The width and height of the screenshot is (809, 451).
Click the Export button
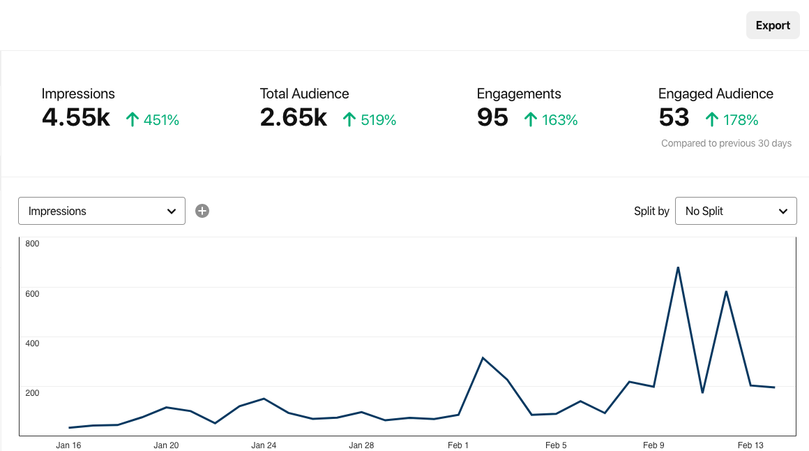[x=773, y=25]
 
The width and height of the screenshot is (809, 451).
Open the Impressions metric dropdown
[x=102, y=211]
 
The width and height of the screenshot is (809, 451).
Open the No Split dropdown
[x=736, y=211]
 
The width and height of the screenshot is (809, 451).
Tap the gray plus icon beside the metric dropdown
[x=202, y=211]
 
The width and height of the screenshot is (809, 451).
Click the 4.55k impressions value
[x=76, y=118]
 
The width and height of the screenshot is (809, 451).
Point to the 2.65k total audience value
[x=294, y=118]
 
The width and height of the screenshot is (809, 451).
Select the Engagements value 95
[x=492, y=118]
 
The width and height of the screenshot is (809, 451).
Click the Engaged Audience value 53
[x=674, y=118]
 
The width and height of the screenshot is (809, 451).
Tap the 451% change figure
[x=161, y=120]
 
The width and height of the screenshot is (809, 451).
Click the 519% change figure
[x=378, y=120]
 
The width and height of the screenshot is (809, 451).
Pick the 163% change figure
[x=559, y=120]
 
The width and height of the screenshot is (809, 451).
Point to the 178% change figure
[x=740, y=120]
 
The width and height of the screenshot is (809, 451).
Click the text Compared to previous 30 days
[x=726, y=143]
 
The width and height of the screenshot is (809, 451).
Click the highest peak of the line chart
[x=678, y=267]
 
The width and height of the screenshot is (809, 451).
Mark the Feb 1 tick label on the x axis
[x=458, y=445]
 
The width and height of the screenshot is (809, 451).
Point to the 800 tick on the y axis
[x=32, y=244]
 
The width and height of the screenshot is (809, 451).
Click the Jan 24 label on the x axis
[x=264, y=445]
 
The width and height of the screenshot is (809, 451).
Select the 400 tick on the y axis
[x=32, y=343]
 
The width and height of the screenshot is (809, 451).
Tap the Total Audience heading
[x=304, y=94]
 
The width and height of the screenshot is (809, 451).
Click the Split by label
[x=651, y=211]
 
